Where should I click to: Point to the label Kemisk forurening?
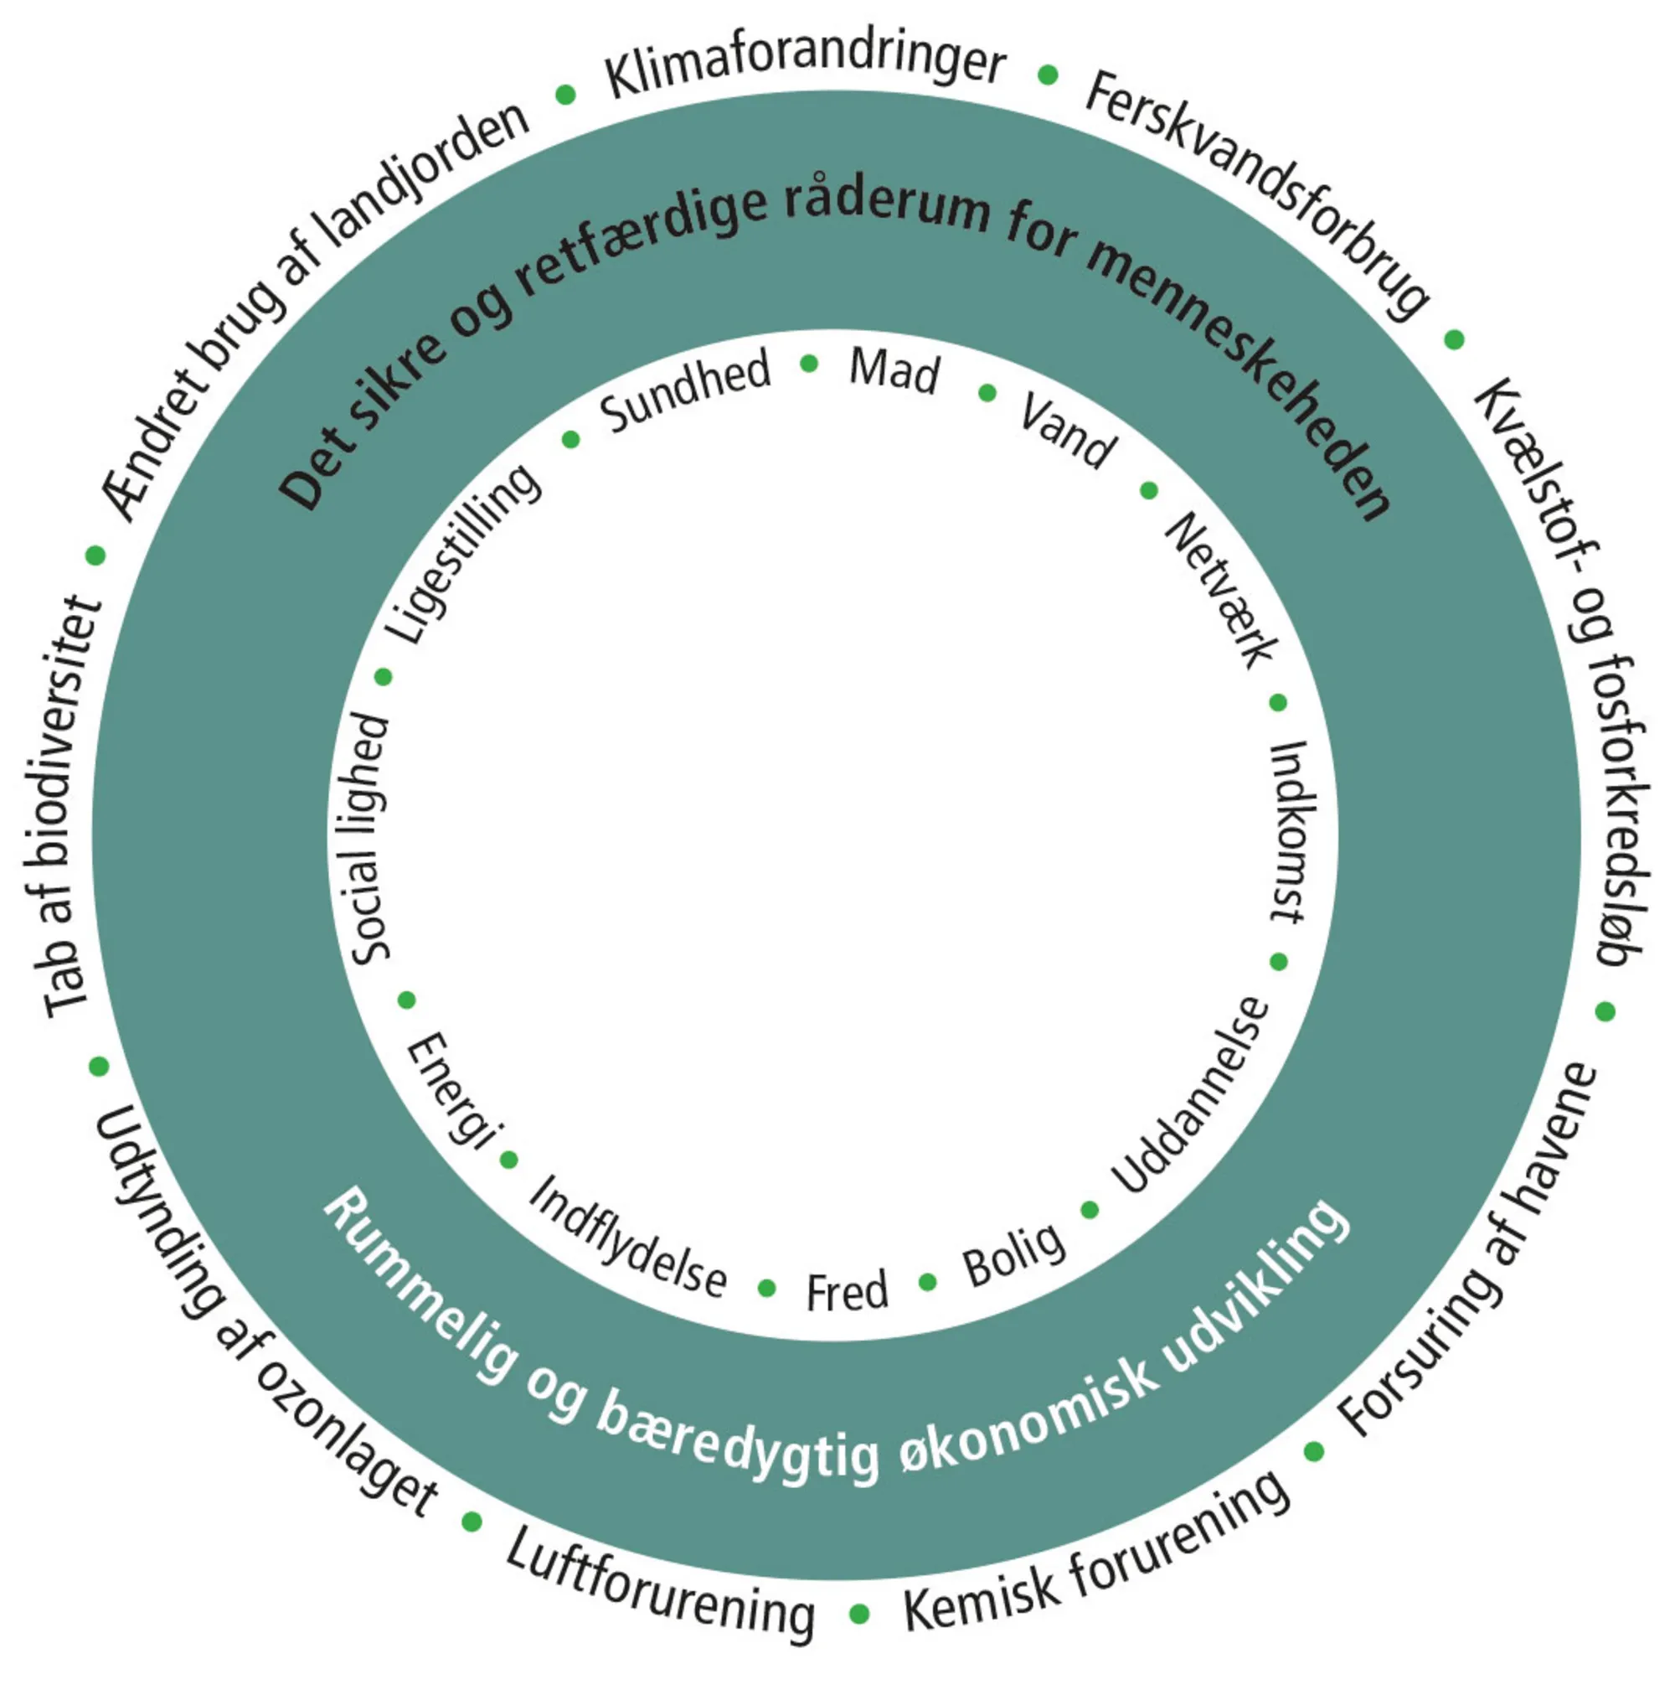1096,1558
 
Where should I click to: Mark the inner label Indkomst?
1291,831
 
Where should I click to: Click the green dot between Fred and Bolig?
928,1283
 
